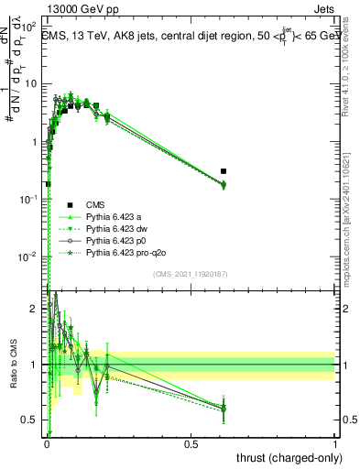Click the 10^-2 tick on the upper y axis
point(30,255)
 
